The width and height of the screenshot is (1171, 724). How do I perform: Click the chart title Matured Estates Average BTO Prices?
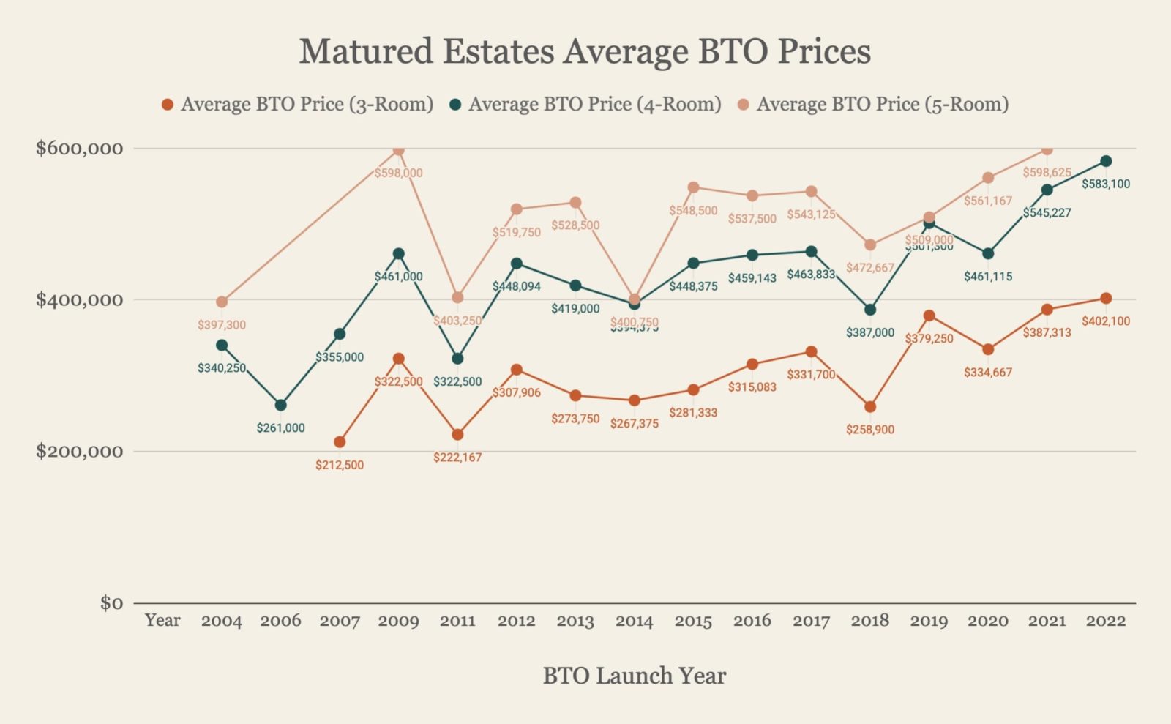[585, 51]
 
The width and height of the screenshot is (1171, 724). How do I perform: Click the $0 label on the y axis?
[111, 603]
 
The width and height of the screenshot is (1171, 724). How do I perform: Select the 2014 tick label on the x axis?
[634, 621]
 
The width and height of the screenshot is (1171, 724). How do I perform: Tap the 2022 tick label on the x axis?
[1105, 621]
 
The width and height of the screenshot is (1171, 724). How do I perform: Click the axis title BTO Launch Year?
[634, 675]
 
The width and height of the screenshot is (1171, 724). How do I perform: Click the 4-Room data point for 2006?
[280, 405]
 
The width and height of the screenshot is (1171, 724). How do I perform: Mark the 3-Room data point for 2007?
[340, 441]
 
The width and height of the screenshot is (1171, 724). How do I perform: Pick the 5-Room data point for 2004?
[222, 302]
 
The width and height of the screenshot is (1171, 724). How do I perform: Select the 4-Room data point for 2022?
[1106, 161]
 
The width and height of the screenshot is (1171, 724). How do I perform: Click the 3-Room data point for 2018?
[870, 406]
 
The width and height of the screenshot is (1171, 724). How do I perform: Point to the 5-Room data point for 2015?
[693, 187]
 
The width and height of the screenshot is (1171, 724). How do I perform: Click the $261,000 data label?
[280, 428]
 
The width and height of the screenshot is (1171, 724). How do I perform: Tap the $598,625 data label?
[1047, 173]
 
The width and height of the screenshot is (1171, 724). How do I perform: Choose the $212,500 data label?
[340, 465]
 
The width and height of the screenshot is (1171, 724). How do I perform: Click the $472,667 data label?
[870, 268]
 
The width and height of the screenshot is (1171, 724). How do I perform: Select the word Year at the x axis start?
[162, 620]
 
